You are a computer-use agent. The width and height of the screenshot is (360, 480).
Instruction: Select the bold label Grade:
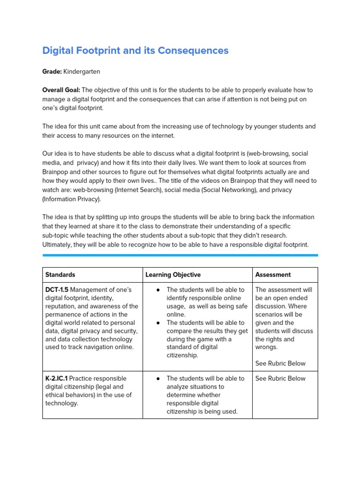click(x=52, y=72)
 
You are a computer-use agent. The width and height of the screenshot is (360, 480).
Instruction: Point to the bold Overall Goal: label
click(x=61, y=90)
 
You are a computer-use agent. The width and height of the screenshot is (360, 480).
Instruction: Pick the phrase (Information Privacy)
click(x=71, y=199)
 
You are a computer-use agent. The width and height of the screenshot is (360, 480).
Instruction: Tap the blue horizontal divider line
click(x=180, y=255)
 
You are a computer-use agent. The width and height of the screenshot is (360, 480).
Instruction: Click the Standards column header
click(x=60, y=275)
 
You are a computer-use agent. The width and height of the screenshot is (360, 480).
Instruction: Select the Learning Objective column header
click(x=173, y=275)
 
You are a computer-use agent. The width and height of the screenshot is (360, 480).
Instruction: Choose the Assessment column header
click(x=273, y=275)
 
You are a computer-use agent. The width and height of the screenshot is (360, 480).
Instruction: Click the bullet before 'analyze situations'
click(x=158, y=378)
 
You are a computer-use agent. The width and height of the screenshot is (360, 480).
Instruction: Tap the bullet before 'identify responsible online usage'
click(x=158, y=290)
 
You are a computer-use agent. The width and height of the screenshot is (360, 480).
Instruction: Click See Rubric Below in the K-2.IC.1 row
click(x=280, y=378)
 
